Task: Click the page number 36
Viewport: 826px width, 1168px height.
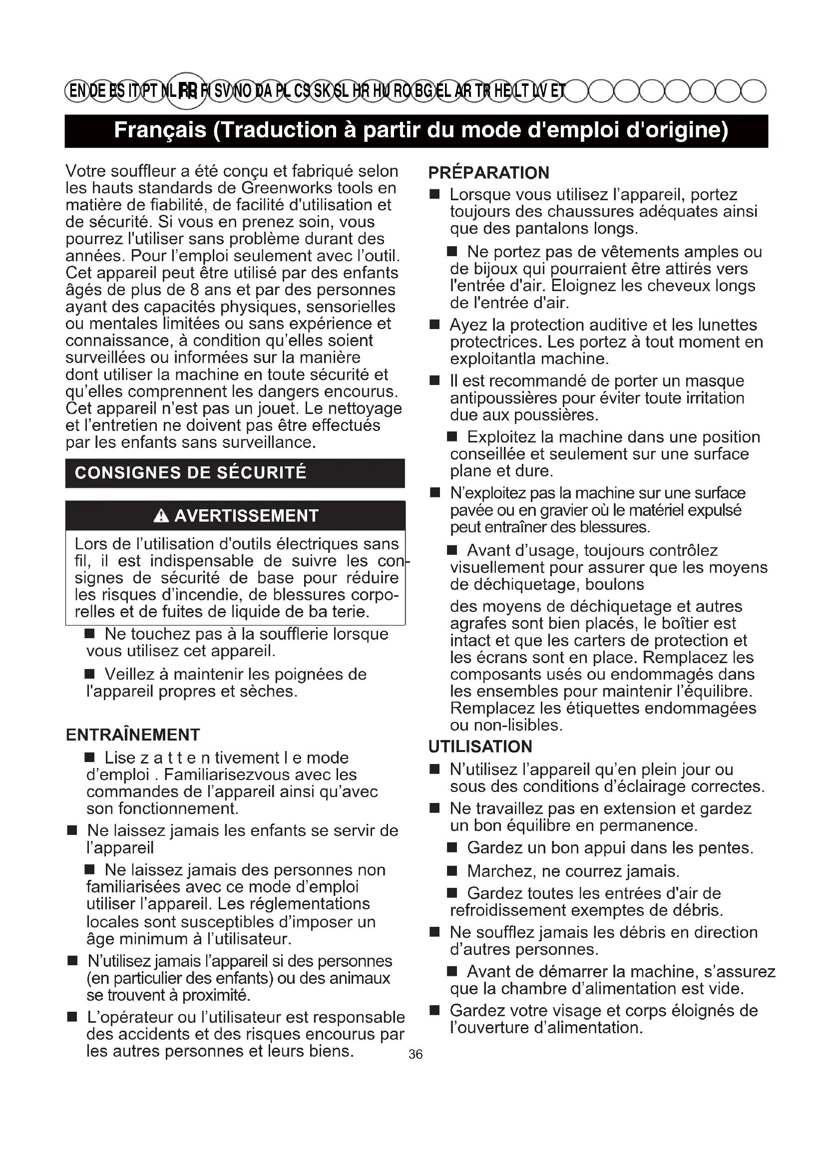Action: tap(415, 1055)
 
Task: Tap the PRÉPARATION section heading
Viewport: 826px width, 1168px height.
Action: tap(488, 173)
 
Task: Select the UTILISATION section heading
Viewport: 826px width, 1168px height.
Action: tap(480, 746)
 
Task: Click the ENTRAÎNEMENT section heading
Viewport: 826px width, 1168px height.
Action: tap(133, 735)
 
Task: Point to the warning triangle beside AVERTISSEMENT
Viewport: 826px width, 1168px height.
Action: tap(161, 516)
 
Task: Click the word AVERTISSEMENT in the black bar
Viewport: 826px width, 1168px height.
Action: tap(246, 516)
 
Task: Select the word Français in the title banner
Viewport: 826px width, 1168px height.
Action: tap(160, 130)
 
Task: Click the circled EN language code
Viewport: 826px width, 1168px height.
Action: tap(77, 91)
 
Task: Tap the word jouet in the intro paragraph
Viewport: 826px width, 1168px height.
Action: tap(276, 408)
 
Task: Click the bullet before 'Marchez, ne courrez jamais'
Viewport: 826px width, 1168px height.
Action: tap(451, 871)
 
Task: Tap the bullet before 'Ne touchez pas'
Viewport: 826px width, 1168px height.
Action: tap(89, 634)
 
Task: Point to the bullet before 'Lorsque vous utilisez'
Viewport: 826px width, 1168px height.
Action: tap(434, 195)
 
